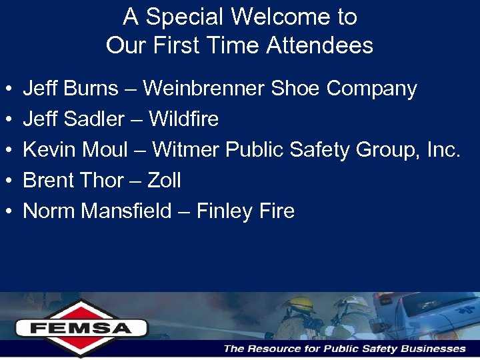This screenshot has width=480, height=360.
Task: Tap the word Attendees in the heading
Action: pos(319,46)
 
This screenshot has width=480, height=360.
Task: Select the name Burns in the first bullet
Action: pos(93,89)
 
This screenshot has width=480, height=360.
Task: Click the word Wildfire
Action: pos(183,119)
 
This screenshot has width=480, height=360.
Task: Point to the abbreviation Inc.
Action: pos(444,150)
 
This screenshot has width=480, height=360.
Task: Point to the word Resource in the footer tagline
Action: pos(271,348)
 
